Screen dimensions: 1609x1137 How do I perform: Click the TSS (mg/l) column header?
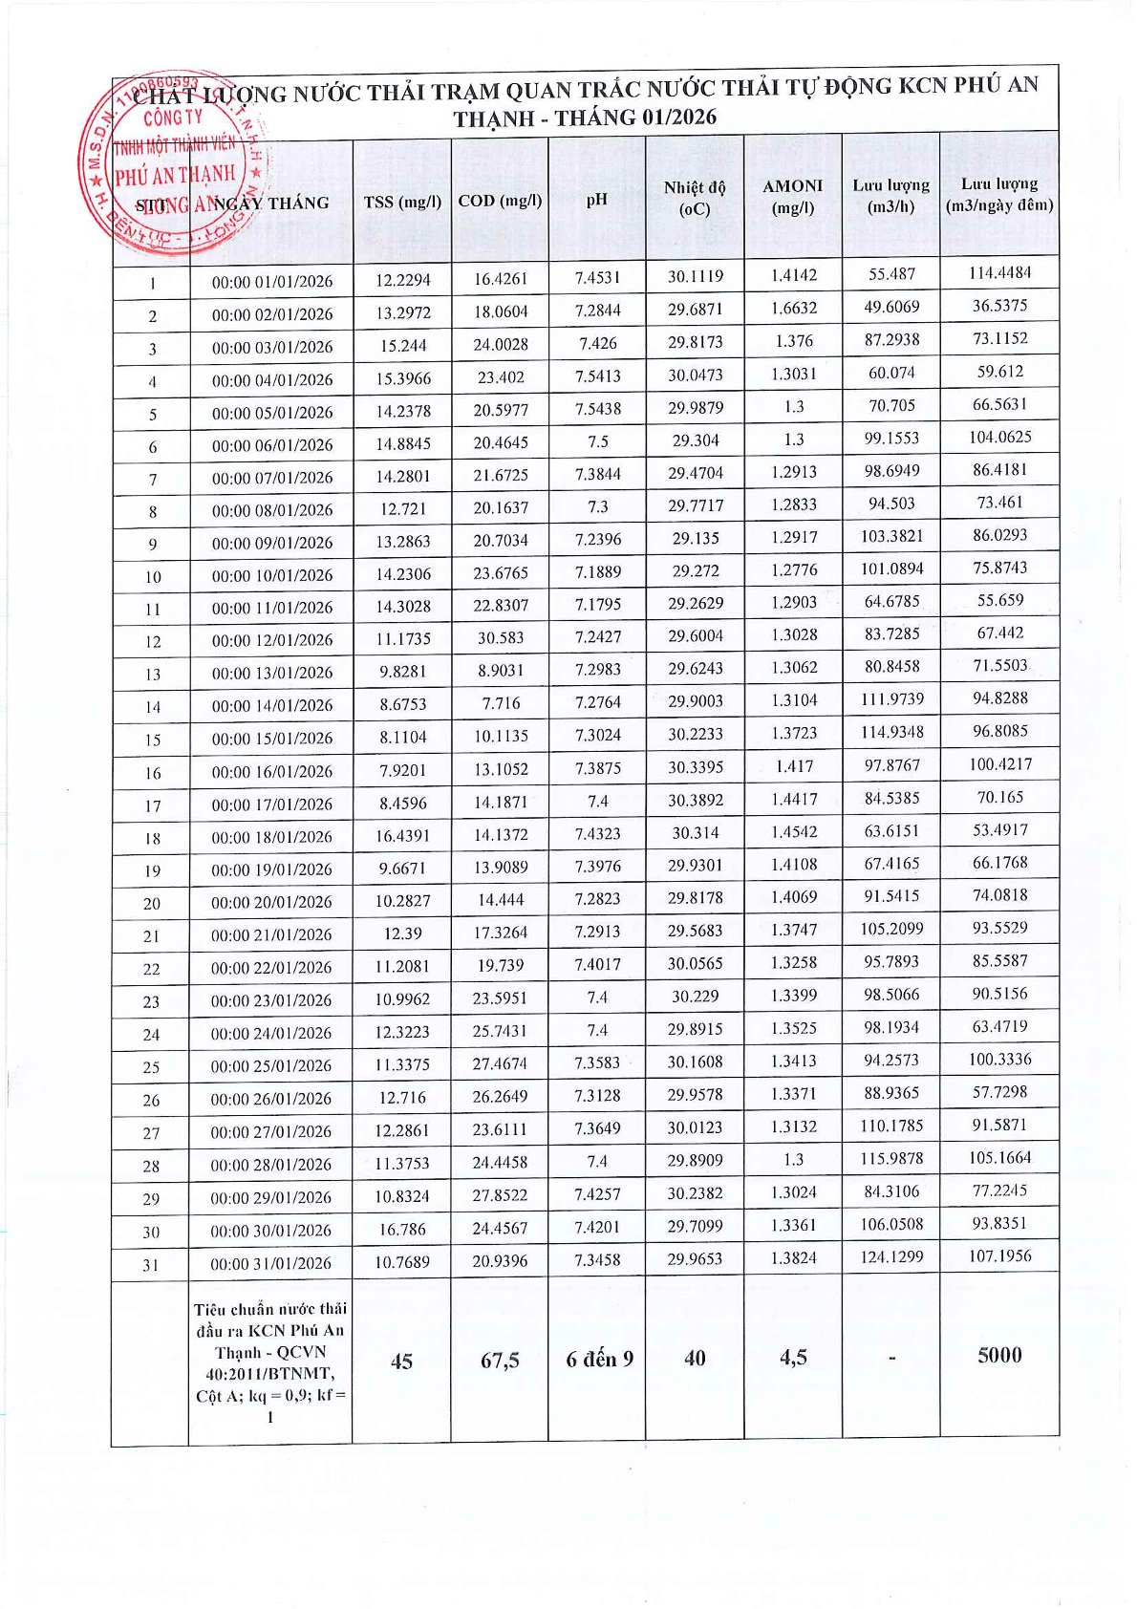tap(402, 202)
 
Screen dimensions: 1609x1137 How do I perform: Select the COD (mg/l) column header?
tap(500, 201)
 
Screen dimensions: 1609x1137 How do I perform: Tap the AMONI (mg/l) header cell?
tap(792, 197)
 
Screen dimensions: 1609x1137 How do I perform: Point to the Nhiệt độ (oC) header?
tap(695, 198)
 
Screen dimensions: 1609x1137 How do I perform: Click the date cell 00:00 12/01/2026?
tap(271, 640)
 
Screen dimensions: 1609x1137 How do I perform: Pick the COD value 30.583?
tap(500, 637)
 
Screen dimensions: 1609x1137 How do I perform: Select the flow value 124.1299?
tap(890, 1256)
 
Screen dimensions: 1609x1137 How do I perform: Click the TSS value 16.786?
tap(402, 1229)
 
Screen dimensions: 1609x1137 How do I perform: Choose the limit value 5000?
tap(999, 1355)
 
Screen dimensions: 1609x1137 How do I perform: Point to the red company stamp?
tap(176, 163)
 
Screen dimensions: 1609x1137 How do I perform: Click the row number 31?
tap(151, 1265)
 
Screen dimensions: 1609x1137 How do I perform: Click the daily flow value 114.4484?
tap(999, 272)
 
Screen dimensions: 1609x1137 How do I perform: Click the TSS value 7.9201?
tap(402, 770)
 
